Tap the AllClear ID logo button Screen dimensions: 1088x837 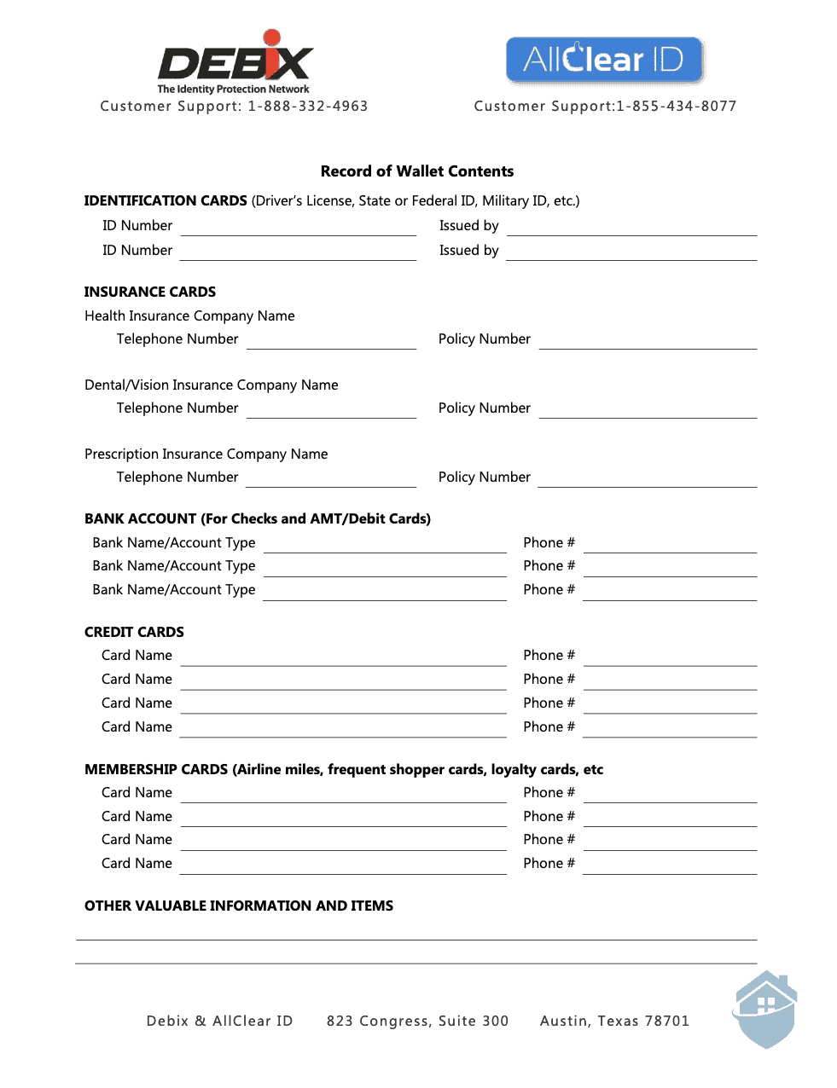point(604,60)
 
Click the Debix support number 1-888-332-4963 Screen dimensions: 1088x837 point(308,107)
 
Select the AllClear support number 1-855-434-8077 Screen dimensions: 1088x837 point(676,107)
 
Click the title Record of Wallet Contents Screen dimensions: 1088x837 point(417,171)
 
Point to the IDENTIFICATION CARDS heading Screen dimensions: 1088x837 point(166,201)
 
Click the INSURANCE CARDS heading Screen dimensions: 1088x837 point(150,292)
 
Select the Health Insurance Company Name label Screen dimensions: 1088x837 point(189,316)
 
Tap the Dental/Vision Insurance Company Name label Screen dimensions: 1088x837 point(212,385)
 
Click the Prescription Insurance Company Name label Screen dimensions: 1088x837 point(206,454)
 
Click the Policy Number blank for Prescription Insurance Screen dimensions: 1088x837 point(648,480)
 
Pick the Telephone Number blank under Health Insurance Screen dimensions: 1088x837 point(331,342)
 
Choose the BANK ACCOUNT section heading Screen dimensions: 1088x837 point(258,519)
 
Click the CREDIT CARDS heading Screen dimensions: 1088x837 point(134,633)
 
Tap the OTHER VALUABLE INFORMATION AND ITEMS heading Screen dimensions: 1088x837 point(239,906)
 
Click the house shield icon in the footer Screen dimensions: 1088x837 point(765,1010)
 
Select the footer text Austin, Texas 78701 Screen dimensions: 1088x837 point(614,1021)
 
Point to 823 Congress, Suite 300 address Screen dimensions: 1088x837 point(417,1021)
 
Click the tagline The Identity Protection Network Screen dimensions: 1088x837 point(233,90)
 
